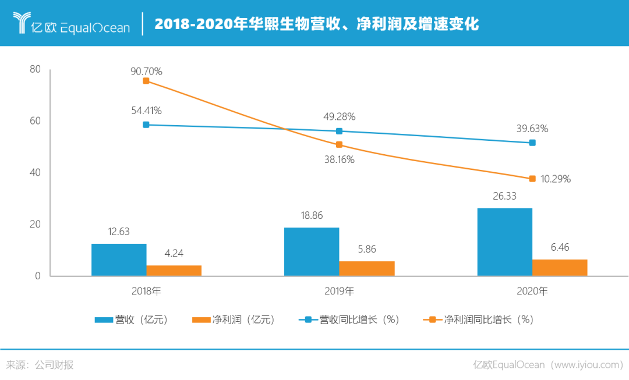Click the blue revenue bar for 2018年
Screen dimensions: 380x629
tap(119, 260)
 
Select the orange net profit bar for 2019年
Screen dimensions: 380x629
tap(367, 268)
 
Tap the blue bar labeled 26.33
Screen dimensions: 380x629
tap(504, 242)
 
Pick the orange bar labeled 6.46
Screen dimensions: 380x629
tap(560, 267)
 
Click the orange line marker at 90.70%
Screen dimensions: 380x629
tap(146, 81)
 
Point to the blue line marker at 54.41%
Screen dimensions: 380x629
tap(146, 125)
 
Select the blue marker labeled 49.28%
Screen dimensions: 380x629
tap(340, 131)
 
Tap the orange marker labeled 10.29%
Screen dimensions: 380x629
tap(532, 179)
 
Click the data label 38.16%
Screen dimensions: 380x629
tap(339, 159)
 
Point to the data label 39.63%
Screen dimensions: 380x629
tap(532, 129)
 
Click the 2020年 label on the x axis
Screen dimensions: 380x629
tap(532, 291)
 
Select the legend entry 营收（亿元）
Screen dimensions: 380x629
tap(131, 319)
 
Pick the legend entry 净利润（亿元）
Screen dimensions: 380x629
tap(233, 319)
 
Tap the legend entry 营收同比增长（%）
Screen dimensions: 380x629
tap(349, 319)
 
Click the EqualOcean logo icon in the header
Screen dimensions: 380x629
tap(24, 23)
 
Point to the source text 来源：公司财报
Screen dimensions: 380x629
tap(40, 365)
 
